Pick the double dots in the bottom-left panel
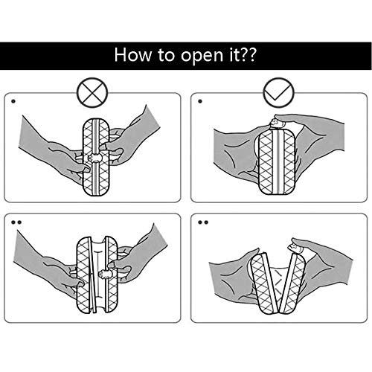[x=16, y=222]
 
